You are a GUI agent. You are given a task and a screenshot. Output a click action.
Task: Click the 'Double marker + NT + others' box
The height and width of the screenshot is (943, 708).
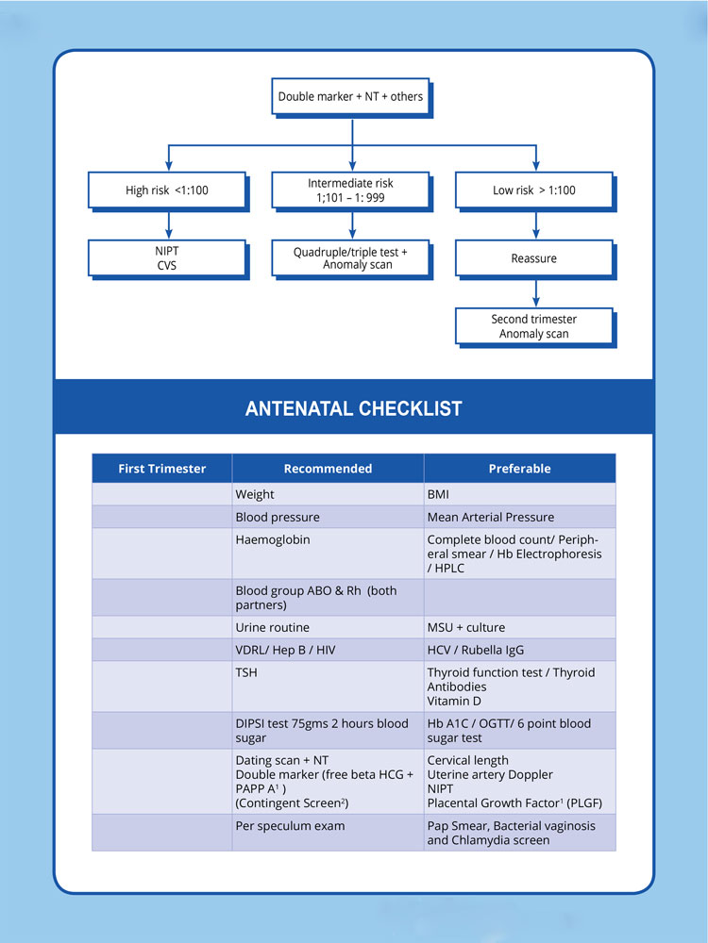click(x=350, y=96)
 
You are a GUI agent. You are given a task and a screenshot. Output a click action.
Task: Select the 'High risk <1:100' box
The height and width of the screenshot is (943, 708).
click(x=167, y=190)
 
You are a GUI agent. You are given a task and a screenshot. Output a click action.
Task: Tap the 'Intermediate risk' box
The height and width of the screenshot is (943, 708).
click(x=350, y=190)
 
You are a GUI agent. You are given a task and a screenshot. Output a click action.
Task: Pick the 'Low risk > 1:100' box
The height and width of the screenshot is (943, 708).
click(x=534, y=190)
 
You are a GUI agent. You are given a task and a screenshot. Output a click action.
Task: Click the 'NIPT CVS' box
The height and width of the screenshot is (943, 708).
click(x=167, y=258)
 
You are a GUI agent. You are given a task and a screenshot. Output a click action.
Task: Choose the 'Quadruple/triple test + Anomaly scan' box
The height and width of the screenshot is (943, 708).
click(x=350, y=258)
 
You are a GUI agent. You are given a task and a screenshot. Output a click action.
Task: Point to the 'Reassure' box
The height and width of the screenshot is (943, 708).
click(x=534, y=258)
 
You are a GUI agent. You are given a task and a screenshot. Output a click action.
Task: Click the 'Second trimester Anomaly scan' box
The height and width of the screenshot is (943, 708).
click(x=534, y=326)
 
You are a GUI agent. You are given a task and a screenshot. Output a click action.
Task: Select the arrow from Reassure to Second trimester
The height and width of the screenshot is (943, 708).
click(x=534, y=292)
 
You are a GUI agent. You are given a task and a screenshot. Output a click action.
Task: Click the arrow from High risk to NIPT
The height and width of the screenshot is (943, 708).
click(x=167, y=224)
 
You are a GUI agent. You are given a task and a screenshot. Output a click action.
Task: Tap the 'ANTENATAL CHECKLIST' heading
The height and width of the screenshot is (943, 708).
click(x=353, y=408)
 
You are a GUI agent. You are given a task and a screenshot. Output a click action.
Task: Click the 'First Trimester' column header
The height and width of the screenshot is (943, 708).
click(x=161, y=469)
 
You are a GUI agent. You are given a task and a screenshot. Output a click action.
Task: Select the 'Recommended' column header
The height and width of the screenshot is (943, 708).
click(x=328, y=469)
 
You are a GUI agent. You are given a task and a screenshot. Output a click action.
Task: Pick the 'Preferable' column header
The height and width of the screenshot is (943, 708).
click(x=519, y=469)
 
